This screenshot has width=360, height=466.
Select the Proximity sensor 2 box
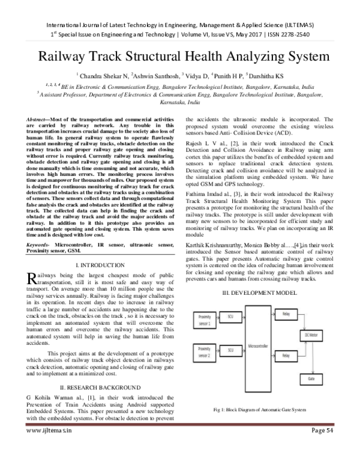click(206, 350)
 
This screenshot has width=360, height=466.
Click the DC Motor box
click(311, 334)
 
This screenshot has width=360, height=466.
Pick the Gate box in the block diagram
click(311, 380)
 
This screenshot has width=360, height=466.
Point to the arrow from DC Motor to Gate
click(311, 357)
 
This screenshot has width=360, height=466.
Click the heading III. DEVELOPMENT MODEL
click(259, 292)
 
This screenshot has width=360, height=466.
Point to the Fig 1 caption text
click(259, 410)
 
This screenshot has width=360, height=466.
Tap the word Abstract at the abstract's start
click(38, 121)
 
